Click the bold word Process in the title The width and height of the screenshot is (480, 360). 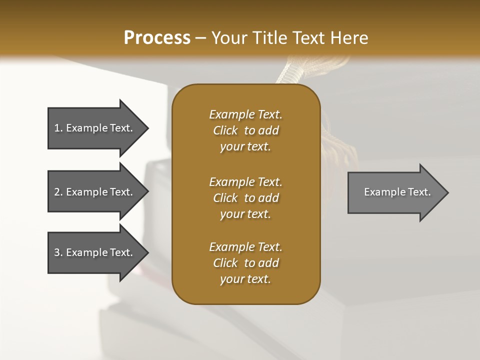point(157,38)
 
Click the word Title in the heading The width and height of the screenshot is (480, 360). point(268,38)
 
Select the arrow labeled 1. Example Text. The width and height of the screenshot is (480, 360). point(95,128)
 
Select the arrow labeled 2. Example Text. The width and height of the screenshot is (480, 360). point(95,192)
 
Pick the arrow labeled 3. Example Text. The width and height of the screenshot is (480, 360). point(95,252)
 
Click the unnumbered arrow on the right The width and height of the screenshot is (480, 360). point(395,192)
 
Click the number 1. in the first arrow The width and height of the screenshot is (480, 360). point(58,128)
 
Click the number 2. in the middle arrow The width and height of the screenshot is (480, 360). point(58,192)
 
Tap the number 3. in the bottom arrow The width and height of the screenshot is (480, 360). point(58,252)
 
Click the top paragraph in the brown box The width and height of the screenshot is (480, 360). point(245,130)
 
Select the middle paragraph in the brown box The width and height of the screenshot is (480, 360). point(245,198)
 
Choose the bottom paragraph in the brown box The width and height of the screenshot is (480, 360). point(245,263)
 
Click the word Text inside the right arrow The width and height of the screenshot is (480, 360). point(419,192)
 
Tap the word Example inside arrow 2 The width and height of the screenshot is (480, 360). point(86,192)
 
